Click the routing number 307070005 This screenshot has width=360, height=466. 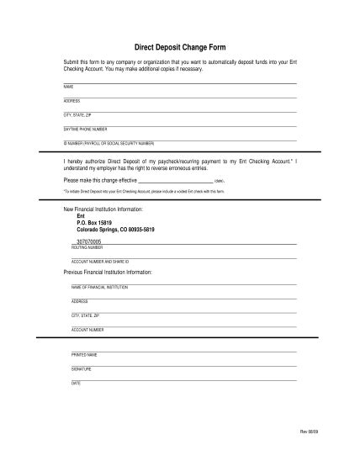click(88, 241)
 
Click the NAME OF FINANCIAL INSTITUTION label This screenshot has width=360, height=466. click(99, 287)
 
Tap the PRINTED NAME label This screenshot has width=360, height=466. click(84, 355)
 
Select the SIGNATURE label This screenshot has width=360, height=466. click(82, 369)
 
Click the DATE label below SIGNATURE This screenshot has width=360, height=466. click(76, 384)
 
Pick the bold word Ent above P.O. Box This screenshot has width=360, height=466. click(81, 215)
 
